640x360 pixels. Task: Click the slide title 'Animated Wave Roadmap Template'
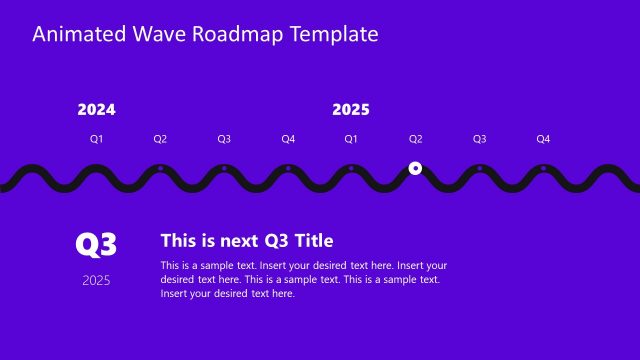point(205,34)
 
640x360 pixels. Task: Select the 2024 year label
point(96,110)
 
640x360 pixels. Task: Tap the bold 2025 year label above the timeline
point(351,110)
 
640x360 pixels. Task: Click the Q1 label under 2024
point(96,139)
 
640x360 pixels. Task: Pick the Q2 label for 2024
point(160,139)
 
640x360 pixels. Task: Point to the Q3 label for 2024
point(224,139)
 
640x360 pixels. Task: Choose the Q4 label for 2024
point(288,139)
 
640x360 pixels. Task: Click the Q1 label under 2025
point(351,139)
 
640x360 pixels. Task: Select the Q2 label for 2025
point(415,139)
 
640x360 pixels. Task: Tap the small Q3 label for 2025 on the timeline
point(479,139)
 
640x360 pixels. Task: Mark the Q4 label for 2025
point(543,139)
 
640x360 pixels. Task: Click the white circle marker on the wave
point(415,169)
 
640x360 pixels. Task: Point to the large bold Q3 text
point(97,244)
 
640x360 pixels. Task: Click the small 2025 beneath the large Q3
point(97,280)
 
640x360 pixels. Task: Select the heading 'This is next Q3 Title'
point(247,240)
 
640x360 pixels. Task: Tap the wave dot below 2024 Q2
point(160,168)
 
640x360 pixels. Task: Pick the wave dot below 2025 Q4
point(543,168)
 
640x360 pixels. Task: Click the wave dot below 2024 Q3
point(224,168)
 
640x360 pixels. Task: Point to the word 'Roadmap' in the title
point(244,34)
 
